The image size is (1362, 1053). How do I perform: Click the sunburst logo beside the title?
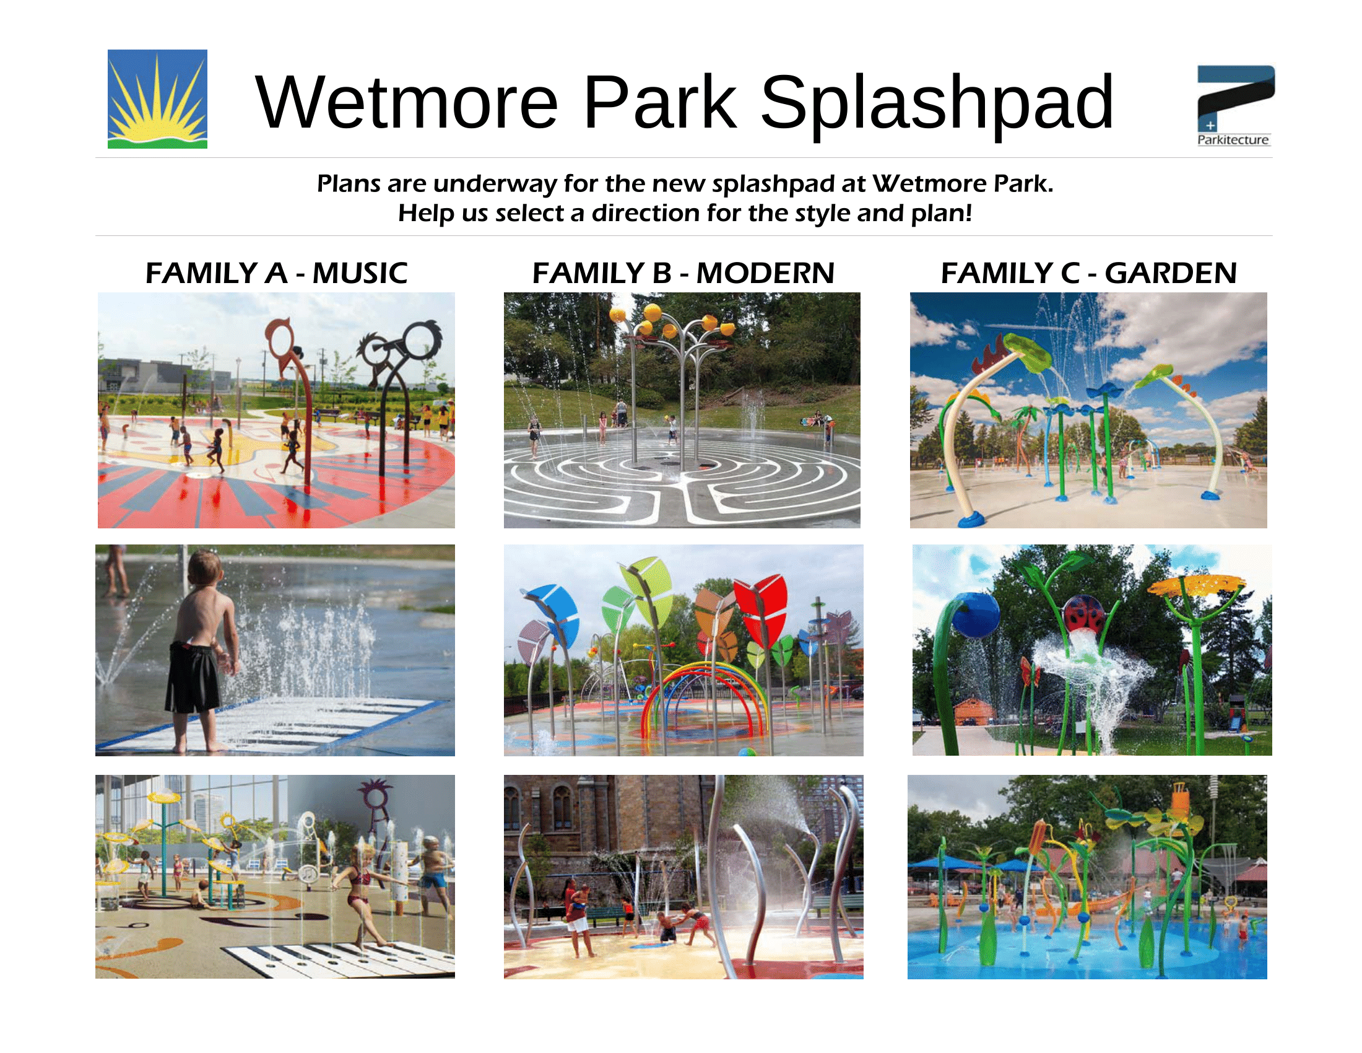coord(157,98)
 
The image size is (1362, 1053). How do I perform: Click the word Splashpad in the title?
coord(937,102)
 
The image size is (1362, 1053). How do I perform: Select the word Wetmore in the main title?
coord(407,102)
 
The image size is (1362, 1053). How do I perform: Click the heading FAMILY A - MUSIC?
coord(276,273)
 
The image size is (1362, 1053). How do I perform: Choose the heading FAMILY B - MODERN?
coord(683,273)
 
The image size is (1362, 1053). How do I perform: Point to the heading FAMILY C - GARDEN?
coord(1088,273)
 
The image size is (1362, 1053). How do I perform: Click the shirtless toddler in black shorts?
coord(198,649)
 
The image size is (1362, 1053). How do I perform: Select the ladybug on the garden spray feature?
coord(1083,615)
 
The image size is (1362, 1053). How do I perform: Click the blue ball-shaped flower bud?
coord(977,615)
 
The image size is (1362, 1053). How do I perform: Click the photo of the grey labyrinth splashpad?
coord(682,410)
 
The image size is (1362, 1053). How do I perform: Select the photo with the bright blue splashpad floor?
coord(1087,876)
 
